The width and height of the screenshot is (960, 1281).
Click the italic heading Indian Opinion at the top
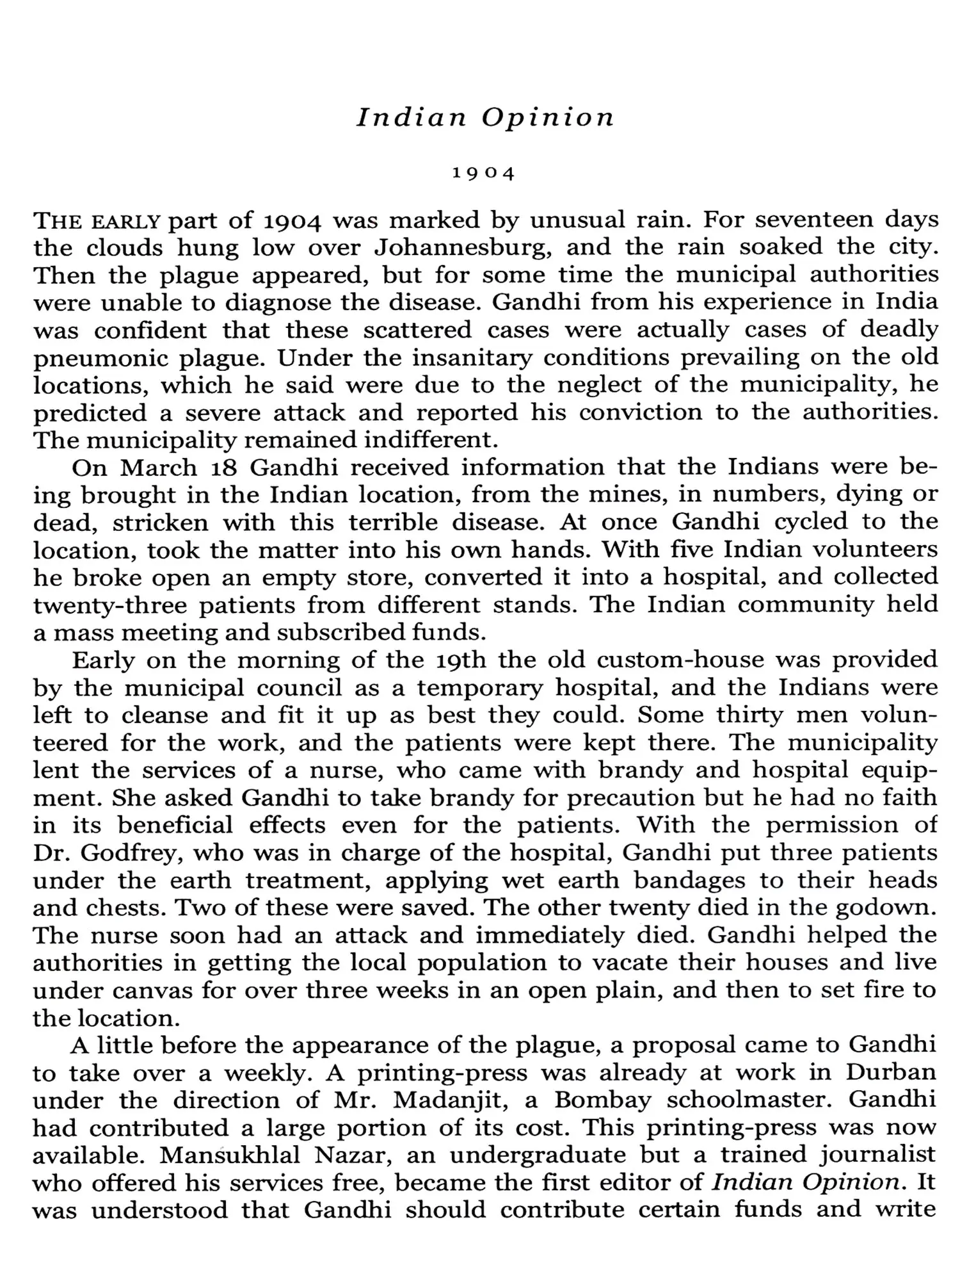pos(485,118)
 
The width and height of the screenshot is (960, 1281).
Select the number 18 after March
pos(223,468)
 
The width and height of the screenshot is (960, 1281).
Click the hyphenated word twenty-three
pos(109,606)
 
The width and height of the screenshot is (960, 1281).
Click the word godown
pos(886,908)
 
